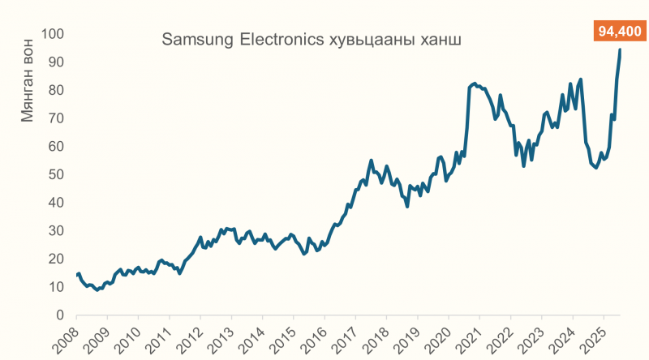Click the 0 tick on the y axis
tap(60, 315)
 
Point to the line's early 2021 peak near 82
tap(475, 84)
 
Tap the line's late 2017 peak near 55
tap(371, 161)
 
